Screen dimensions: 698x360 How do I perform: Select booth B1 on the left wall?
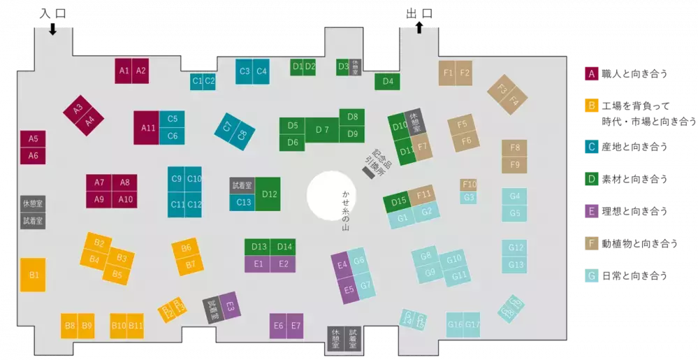click(33, 275)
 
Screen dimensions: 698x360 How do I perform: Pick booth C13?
click(242, 203)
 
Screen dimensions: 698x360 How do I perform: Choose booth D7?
click(322, 129)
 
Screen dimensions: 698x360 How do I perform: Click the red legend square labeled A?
click(592, 74)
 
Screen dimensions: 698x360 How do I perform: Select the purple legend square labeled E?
click(592, 210)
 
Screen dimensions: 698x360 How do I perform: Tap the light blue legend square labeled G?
click(592, 275)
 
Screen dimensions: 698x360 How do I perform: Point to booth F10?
click(469, 185)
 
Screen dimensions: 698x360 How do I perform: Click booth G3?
click(469, 198)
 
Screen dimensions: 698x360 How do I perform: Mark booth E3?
click(230, 305)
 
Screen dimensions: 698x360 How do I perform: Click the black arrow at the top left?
click(52, 30)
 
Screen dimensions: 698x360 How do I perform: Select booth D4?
click(387, 82)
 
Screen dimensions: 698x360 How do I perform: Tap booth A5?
click(33, 138)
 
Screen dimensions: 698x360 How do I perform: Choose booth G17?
click(472, 325)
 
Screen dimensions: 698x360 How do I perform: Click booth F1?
click(447, 73)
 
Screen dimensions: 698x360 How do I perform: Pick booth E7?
click(296, 326)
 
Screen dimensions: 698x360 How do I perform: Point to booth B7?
click(189, 265)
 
